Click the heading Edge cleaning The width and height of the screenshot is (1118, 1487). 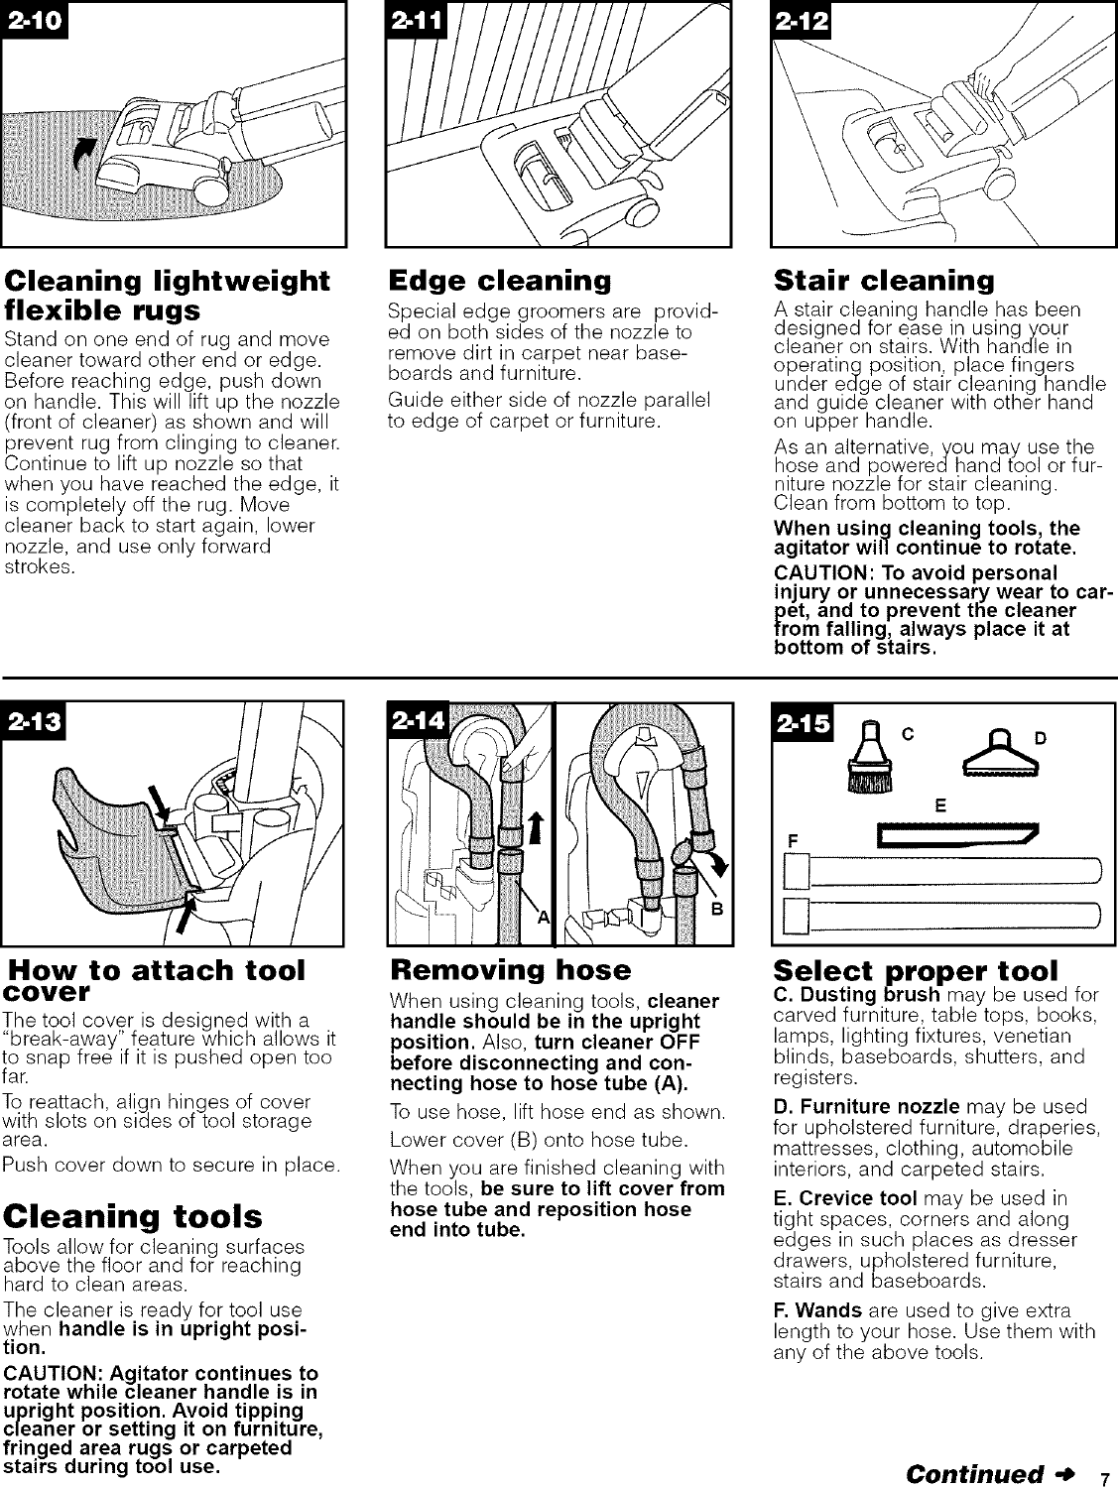tap(499, 280)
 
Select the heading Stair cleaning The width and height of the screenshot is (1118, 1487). tap(883, 280)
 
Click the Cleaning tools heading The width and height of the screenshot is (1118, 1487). tap(133, 1216)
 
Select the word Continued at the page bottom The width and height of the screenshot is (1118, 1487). tap(977, 1472)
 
